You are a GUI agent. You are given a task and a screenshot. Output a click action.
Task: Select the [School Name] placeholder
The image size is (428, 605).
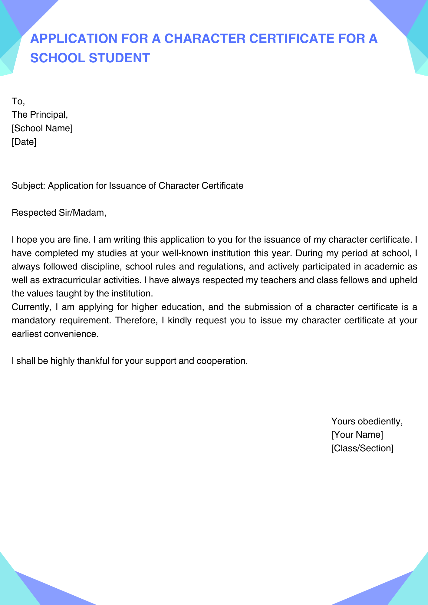(x=42, y=128)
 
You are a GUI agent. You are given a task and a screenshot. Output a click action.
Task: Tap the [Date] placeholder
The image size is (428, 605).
(x=24, y=142)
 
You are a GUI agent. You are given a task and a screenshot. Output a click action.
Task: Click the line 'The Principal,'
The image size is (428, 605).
(x=40, y=115)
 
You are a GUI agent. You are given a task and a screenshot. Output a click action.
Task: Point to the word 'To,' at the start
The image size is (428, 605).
(x=18, y=101)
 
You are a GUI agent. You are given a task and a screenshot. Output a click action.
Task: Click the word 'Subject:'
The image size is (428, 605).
(x=28, y=185)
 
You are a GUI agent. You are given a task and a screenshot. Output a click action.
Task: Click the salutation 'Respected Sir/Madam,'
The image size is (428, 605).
(x=59, y=213)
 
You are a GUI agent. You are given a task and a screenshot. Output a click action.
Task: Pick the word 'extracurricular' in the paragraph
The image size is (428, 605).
(x=71, y=280)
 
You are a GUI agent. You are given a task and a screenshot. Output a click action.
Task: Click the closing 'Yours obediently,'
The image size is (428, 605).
(x=367, y=421)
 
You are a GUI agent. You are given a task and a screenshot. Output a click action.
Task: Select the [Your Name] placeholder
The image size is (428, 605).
(x=357, y=435)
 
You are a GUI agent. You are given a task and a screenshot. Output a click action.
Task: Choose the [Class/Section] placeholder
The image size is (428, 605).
(x=362, y=448)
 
